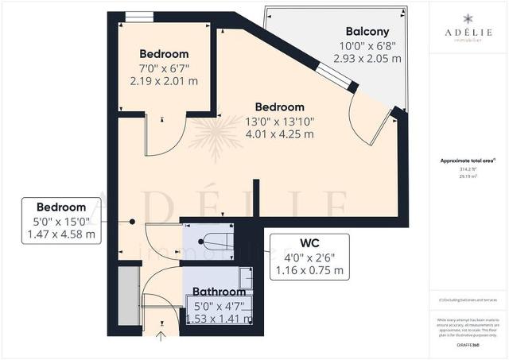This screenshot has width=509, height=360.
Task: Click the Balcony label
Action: [368, 33]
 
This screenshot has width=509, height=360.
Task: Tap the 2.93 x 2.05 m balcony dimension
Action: [368, 59]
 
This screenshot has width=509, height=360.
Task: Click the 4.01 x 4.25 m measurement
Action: [279, 134]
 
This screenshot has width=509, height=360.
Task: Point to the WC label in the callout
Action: [310, 242]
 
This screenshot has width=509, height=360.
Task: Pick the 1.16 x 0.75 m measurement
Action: [310, 271]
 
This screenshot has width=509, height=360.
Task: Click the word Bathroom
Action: [217, 292]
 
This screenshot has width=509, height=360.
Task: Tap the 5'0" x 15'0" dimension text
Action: [61, 220]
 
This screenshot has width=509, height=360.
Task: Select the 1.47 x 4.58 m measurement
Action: [61, 234]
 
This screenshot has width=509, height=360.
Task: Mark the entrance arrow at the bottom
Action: [161, 335]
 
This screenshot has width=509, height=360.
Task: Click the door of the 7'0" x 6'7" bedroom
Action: [165, 135]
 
